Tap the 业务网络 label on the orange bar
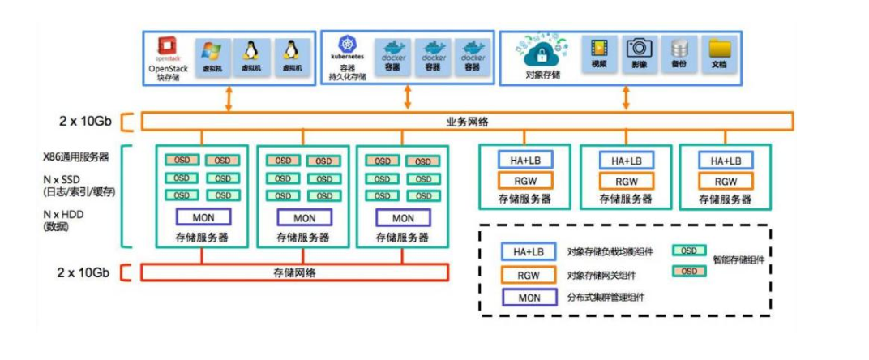click(467, 122)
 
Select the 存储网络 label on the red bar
click(294, 272)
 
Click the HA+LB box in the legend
click(529, 252)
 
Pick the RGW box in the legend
click(529, 275)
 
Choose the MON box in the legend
click(529, 298)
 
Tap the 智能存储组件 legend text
click(739, 261)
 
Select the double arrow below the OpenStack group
click(229, 98)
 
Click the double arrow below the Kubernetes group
click(407, 96)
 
